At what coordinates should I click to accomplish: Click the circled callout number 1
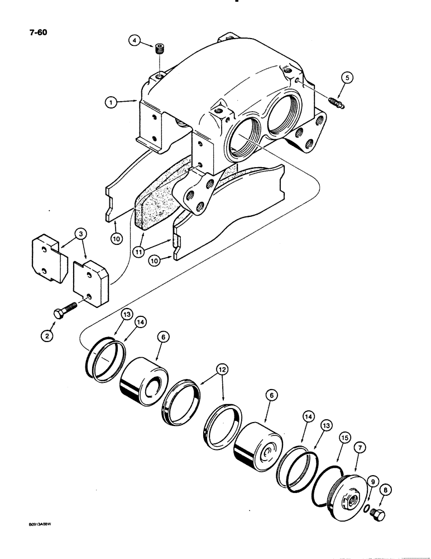[x=112, y=102]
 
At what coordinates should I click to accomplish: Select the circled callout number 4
[x=133, y=41]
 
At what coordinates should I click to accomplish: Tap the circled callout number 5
[x=347, y=78]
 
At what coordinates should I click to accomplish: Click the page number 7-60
[x=20, y=32]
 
